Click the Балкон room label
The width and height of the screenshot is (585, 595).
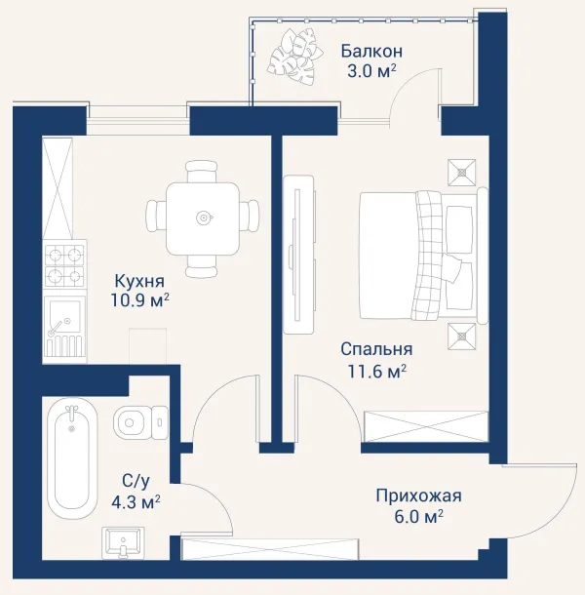coord(371,51)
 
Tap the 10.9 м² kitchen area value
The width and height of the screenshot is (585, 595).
coord(139,300)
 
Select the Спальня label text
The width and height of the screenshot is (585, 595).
coord(376,349)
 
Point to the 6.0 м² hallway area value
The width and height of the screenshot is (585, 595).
coord(419,516)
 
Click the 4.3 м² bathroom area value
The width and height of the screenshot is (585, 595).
coord(136,502)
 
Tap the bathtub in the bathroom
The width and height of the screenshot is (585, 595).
coord(72,458)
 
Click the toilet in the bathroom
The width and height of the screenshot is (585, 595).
coord(140,422)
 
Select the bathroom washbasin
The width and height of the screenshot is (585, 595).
coord(123,542)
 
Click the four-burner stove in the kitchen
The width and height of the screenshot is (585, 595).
coord(65,263)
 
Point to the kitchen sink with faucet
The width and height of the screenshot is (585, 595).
coord(64,327)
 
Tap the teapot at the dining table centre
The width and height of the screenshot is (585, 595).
coord(204,218)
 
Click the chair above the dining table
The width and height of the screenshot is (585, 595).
coord(202,171)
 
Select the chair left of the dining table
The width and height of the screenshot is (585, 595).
coord(157,216)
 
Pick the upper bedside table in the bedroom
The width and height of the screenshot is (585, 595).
coord(462,173)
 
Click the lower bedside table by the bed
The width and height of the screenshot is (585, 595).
coord(462,337)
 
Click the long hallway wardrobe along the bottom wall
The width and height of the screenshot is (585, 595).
coord(270,549)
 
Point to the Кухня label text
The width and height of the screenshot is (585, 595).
coord(139,281)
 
